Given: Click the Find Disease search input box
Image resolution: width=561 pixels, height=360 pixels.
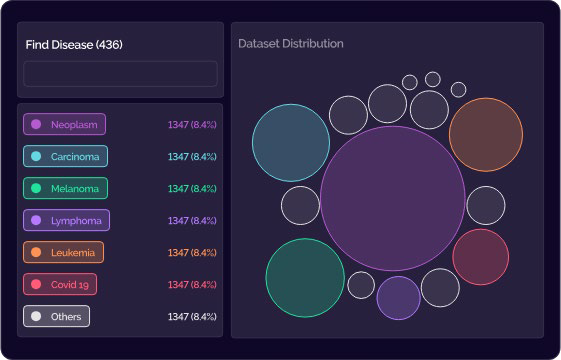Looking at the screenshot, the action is tap(120, 74).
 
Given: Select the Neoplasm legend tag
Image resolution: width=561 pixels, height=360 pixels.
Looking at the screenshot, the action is tap(64, 124).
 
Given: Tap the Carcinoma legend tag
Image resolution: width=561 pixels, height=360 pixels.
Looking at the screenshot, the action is tap(65, 156).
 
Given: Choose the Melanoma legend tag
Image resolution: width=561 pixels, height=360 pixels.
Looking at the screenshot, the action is tap(65, 188).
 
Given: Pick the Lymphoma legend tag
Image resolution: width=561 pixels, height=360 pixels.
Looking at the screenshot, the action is tap(67, 220).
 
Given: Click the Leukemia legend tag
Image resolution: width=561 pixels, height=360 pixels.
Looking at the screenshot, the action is tap(64, 252).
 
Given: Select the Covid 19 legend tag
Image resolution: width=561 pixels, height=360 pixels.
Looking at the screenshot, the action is tap(60, 284).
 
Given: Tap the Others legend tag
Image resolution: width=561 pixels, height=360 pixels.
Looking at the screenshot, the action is tap(57, 316).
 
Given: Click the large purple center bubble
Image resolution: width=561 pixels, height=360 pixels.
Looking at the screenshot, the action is tap(393, 198).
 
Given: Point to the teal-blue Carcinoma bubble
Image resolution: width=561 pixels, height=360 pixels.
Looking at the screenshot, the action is tap(291, 143).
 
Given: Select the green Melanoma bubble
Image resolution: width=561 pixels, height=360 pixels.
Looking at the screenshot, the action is tap(305, 278).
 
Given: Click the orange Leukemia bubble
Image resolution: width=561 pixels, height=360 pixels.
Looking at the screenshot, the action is tap(486, 135).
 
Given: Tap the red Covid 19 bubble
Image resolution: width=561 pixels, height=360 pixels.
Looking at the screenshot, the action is tap(480, 257).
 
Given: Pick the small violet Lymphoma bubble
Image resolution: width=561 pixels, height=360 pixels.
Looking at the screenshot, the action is tap(399, 298).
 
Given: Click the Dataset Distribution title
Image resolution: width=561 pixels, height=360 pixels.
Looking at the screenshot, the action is tap(291, 44).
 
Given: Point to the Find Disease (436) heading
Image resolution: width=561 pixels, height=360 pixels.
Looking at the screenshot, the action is tap(74, 45).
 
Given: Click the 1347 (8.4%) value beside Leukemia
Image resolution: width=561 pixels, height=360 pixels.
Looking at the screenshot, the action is tap(192, 253).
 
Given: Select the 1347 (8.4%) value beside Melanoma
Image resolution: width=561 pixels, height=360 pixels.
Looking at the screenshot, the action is tap(192, 189).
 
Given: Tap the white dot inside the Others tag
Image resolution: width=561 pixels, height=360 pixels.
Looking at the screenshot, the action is tap(36, 316).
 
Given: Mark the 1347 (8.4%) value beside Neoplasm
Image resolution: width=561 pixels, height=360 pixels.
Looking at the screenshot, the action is tap(192, 125).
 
